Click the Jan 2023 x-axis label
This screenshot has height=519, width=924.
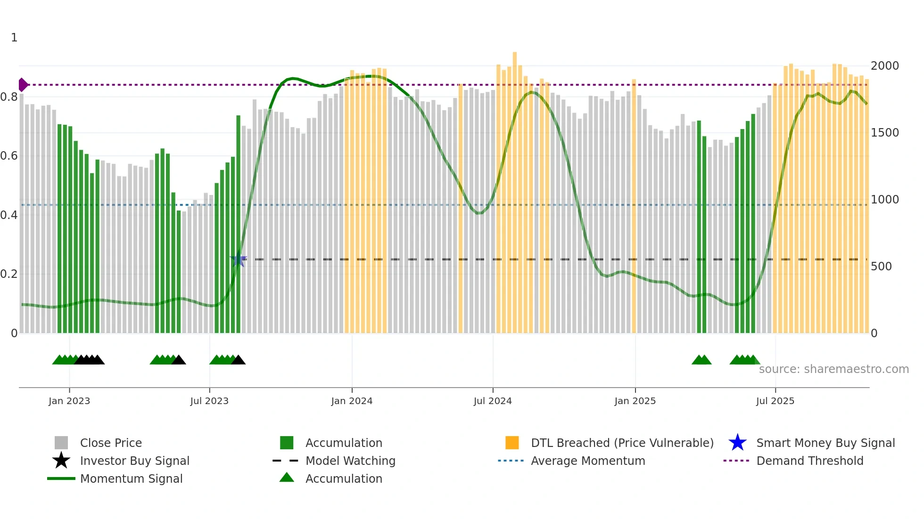pos(69,401)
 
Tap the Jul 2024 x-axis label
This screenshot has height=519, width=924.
pos(493,401)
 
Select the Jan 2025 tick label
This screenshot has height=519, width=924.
pos(635,401)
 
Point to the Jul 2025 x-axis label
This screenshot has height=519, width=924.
pos(775,401)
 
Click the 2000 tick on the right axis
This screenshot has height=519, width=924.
pos(884,66)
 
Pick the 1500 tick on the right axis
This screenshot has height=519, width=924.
pos(884,133)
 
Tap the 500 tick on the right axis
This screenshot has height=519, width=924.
pos(881,267)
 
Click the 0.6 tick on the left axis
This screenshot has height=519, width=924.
pos(9,156)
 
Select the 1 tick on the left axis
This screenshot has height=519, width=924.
pos(14,38)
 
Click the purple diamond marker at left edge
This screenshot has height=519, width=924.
pos(23,85)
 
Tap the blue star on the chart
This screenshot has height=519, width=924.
pos(239,259)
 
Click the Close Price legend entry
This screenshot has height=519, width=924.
pos(111,443)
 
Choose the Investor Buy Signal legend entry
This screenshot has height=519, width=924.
pos(134,461)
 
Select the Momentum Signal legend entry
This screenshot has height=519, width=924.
pos(131,478)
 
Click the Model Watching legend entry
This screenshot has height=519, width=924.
pos(350,461)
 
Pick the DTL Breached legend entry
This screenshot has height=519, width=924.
pos(622,443)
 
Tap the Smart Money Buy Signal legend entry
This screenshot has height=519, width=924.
pos(825,443)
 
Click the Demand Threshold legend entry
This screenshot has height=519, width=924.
pos(809,461)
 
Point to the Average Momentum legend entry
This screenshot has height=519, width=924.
pos(587,461)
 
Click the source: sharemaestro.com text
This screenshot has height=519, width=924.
pos(833,369)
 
